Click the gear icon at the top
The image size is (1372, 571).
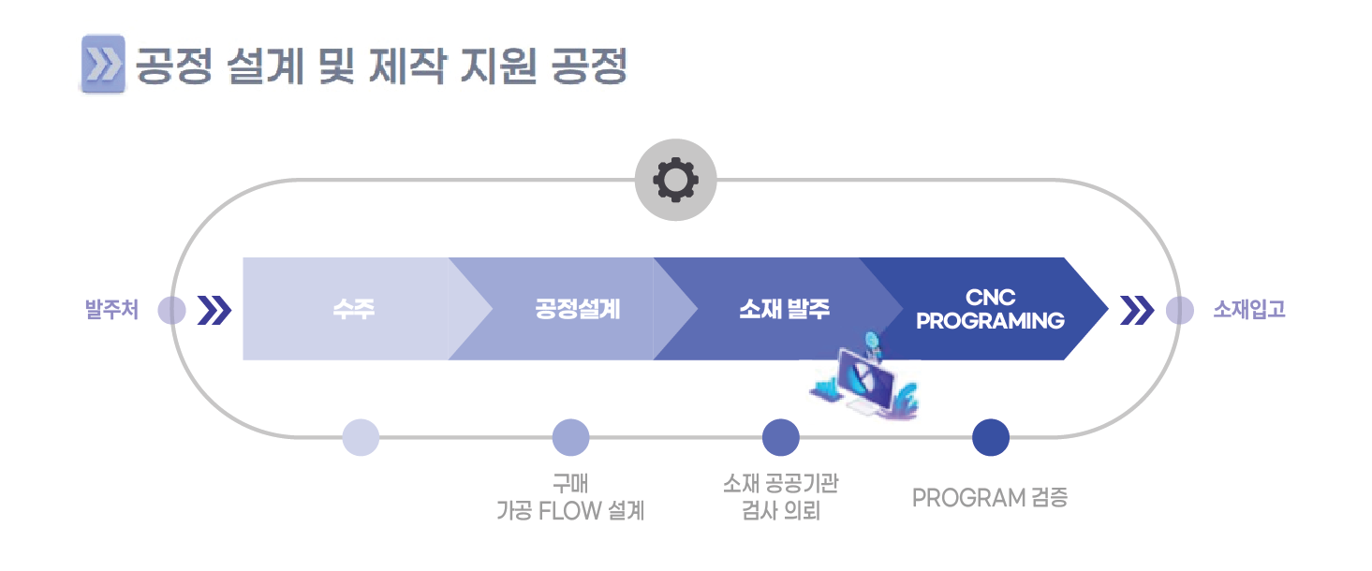coord(675,180)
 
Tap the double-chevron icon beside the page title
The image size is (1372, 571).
coord(103,64)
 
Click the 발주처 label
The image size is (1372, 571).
coord(112,309)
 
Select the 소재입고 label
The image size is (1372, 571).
coord(1249,309)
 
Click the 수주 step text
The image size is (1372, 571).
coord(353,309)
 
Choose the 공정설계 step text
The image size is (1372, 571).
coord(578,309)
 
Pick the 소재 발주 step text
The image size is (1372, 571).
coord(785,309)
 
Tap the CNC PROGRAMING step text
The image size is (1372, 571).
coord(991,309)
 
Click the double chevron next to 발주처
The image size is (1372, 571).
coord(214,310)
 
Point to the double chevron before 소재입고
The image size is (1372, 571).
coord(1137,310)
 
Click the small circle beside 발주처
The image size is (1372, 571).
coord(171,310)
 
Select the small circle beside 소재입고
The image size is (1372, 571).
coord(1180,310)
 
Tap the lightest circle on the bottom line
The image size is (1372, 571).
coord(361,437)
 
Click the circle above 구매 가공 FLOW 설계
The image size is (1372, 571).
coord(571,437)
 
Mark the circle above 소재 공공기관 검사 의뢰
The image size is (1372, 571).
coord(781,437)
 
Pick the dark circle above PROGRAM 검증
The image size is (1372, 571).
coord(991,437)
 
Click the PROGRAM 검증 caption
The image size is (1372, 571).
coord(990,498)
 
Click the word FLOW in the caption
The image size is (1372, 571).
coord(569,510)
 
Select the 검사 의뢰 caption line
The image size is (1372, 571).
coord(781,510)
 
